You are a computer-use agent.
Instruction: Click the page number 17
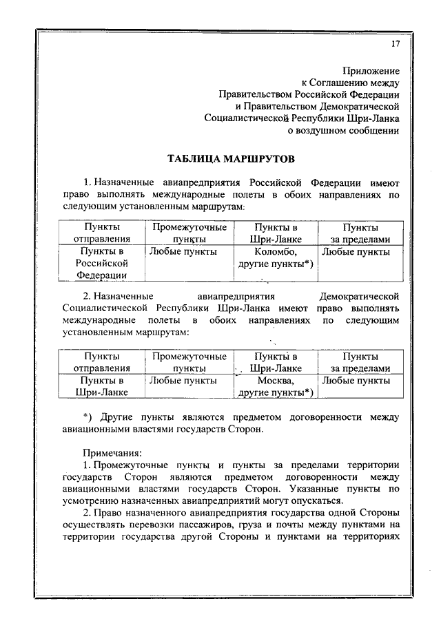[x=395, y=44]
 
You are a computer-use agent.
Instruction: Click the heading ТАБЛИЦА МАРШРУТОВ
[x=231, y=159]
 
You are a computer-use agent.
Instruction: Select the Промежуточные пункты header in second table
[x=189, y=362]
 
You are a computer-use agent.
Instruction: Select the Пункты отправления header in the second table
[x=101, y=362]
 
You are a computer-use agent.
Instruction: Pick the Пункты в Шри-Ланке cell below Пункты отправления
[x=101, y=386]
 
